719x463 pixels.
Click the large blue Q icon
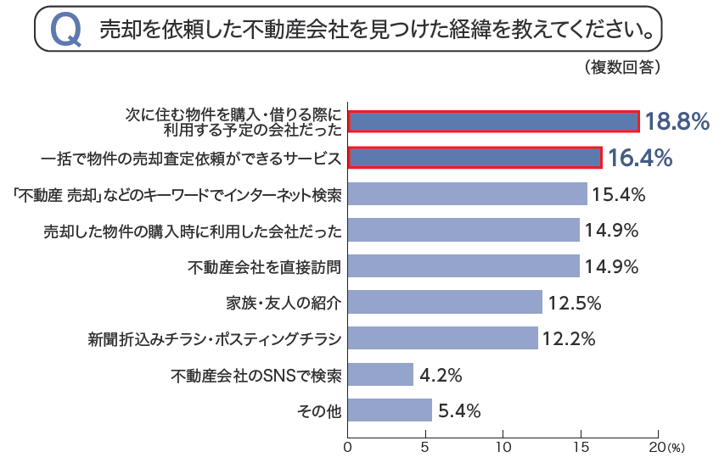coord(66,31)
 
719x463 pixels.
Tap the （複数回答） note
coord(622,67)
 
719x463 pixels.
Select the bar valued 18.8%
coord(493,121)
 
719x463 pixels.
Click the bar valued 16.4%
coord(475,158)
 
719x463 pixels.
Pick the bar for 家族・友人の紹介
coord(445,302)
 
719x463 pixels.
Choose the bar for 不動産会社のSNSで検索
coord(380,375)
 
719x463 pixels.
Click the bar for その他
coord(390,410)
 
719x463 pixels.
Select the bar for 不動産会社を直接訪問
coord(463,266)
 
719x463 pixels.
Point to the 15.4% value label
coord(619,194)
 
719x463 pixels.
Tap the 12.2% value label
coord(569,338)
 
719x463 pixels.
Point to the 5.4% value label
coord(460,411)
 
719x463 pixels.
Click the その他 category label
coord(319,411)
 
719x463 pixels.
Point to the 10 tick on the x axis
coord(503,445)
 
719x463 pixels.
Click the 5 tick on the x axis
coord(426,445)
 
